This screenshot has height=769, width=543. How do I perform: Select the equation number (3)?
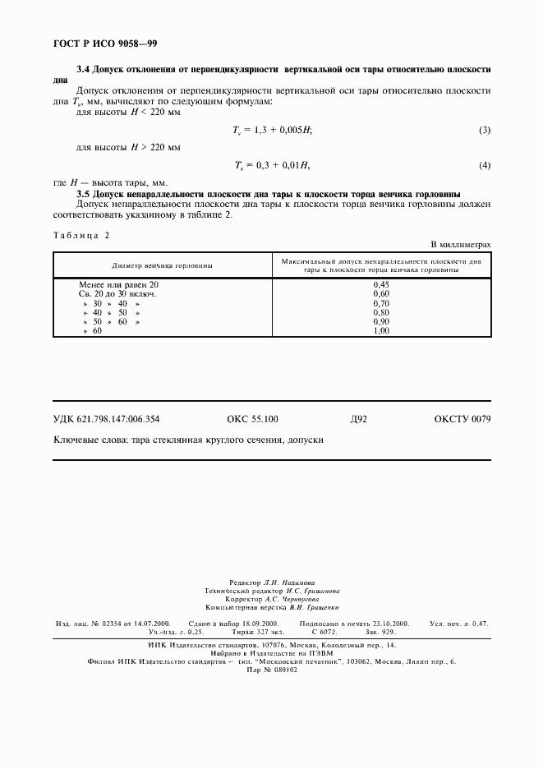point(485,131)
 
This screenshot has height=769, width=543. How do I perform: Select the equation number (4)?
point(485,166)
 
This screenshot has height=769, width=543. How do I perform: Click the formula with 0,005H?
point(274,131)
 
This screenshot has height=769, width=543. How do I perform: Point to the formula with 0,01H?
point(272,166)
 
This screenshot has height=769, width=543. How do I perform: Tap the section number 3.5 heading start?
point(84,193)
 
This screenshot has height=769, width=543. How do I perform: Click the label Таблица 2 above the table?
point(81,234)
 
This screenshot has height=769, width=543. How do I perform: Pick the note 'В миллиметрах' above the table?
point(461,245)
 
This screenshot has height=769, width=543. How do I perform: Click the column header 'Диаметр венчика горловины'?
point(162,265)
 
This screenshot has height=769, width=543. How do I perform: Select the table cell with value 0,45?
point(381,284)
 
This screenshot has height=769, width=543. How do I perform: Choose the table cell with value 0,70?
point(381,302)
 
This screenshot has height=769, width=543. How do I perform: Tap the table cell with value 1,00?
point(381,330)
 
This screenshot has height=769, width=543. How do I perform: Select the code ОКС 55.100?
point(252,419)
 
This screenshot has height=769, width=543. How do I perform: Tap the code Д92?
point(358,419)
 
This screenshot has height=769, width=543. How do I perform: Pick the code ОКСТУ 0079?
point(462,419)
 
